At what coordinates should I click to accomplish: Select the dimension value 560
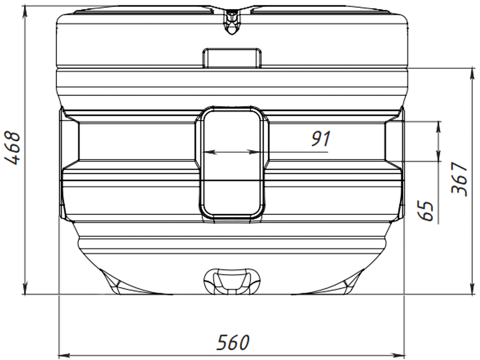(232, 343)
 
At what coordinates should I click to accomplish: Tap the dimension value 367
(459, 179)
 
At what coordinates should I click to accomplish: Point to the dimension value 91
(321, 139)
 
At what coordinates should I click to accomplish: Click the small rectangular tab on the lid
(232, 58)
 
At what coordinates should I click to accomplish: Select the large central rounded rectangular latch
(232, 163)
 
